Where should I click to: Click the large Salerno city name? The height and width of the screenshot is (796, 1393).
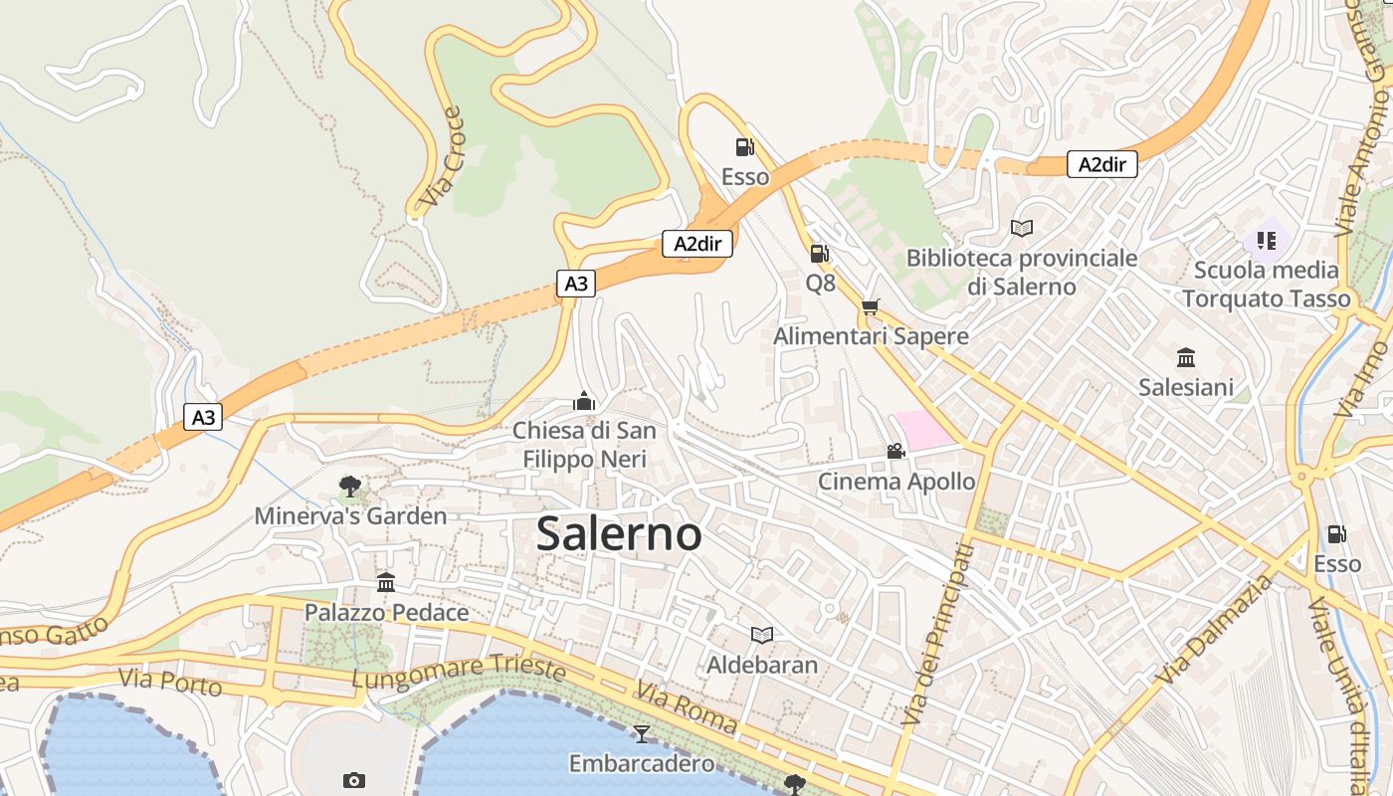(619, 534)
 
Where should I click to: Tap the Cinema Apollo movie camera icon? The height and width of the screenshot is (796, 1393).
(895, 451)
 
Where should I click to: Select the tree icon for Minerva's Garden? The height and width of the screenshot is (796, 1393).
(349, 487)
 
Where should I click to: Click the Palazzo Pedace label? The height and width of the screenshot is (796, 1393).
(386, 612)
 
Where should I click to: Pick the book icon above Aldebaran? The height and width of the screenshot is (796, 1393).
(762, 635)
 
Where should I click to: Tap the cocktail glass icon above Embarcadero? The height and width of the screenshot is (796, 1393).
(641, 733)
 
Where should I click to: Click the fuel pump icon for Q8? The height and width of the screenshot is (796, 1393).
(819, 254)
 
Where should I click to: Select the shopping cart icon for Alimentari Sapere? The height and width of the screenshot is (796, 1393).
(871, 306)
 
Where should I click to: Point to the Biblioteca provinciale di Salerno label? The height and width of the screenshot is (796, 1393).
(1021, 273)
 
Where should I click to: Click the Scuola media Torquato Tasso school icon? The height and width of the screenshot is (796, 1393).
(1266, 240)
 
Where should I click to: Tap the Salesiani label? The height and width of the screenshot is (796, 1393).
(1185, 387)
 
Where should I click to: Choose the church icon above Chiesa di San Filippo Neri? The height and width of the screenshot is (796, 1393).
(584, 401)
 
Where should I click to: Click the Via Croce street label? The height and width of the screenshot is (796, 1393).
(442, 159)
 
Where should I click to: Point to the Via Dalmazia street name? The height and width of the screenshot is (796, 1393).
(1214, 630)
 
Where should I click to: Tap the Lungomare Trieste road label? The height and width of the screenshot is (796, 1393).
(459, 672)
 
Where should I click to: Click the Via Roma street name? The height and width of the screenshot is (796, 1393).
(687, 708)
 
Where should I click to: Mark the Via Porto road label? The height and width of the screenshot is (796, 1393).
(170, 683)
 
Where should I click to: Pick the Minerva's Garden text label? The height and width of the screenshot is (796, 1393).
(350, 516)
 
